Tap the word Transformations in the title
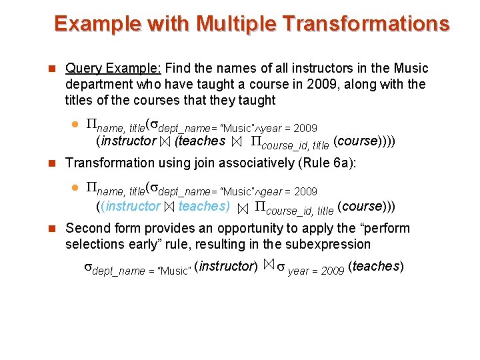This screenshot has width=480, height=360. (366, 24)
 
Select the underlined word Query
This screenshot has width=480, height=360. (83, 68)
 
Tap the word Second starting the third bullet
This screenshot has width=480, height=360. (88, 228)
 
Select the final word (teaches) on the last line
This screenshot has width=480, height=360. (376, 267)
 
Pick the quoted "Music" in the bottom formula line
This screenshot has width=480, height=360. (175, 271)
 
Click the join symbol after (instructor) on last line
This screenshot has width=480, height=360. (268, 266)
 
